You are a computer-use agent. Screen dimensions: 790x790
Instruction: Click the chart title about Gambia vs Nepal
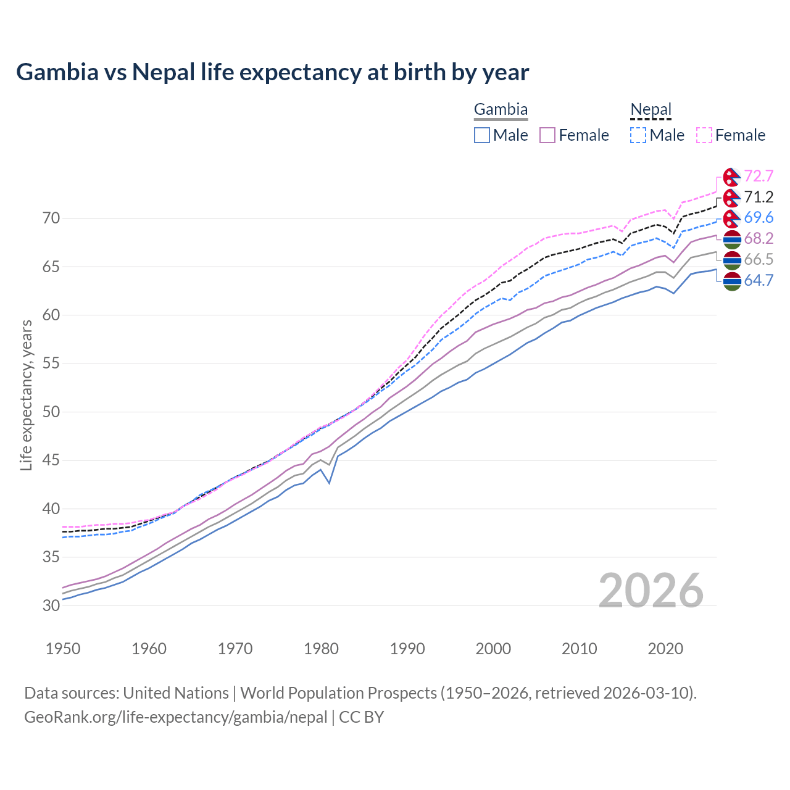click(x=272, y=72)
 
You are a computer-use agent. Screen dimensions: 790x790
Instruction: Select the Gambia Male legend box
click(x=482, y=135)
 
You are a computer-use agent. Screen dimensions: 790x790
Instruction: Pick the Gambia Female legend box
click(x=548, y=135)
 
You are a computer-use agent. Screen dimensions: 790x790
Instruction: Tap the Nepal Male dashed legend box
click(x=638, y=135)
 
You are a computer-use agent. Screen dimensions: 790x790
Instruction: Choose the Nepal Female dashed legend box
click(x=704, y=135)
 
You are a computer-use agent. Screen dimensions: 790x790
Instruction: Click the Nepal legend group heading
click(x=651, y=110)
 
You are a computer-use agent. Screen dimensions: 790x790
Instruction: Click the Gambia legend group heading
click(x=501, y=110)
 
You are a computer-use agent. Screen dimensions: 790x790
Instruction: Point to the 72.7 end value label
click(x=759, y=177)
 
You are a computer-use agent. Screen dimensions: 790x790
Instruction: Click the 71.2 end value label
click(x=759, y=197)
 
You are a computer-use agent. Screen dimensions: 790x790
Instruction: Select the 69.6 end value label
click(x=759, y=218)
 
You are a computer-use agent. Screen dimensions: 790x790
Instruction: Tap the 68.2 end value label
click(x=759, y=239)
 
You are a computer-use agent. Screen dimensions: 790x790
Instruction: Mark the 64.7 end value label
click(x=759, y=281)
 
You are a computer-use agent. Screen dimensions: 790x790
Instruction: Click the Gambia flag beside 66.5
click(x=732, y=260)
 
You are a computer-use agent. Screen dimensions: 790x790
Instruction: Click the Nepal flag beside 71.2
click(x=732, y=197)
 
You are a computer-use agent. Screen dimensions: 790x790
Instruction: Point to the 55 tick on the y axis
click(x=51, y=364)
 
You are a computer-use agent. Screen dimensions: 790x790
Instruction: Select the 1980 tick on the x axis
click(x=321, y=649)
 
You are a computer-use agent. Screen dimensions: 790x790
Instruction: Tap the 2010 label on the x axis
click(x=579, y=649)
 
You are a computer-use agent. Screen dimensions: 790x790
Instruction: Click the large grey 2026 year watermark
click(x=651, y=591)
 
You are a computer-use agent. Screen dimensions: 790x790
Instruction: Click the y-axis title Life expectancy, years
click(x=27, y=395)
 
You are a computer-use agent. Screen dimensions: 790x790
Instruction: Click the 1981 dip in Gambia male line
click(x=330, y=483)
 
